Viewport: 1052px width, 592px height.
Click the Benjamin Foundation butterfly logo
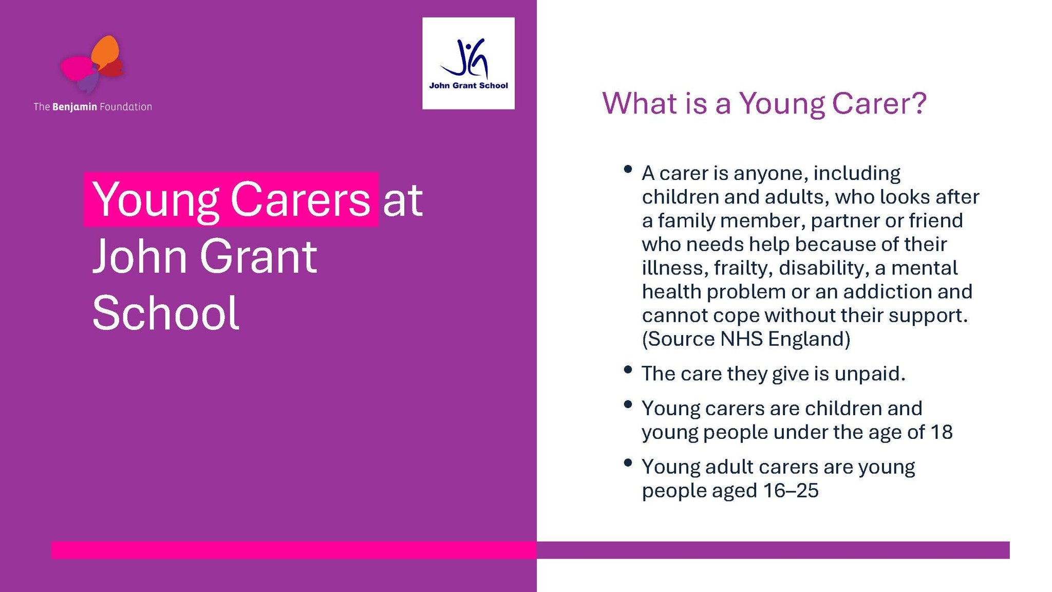(x=92, y=65)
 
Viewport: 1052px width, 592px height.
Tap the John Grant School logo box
(x=468, y=63)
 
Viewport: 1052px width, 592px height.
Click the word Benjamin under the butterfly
(x=74, y=107)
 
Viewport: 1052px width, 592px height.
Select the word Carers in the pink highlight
(x=300, y=199)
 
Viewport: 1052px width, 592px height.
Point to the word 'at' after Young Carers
(x=403, y=201)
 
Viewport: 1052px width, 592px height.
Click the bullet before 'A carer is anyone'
(x=627, y=169)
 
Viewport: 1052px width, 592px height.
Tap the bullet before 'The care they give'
(x=627, y=369)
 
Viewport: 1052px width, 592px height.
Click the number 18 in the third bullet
(x=942, y=432)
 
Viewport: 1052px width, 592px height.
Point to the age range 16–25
(x=791, y=490)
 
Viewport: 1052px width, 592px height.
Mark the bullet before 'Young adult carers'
(x=627, y=462)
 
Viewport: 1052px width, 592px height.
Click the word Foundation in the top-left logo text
(x=126, y=107)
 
